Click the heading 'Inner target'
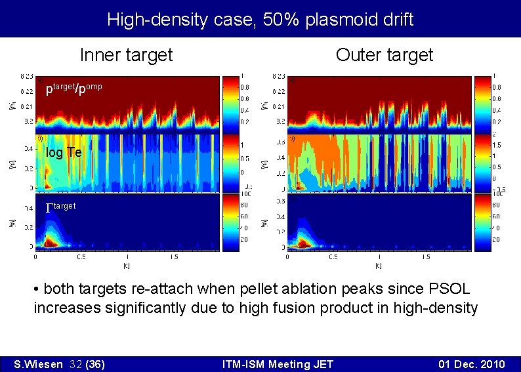[x=126, y=55]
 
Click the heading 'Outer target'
[x=384, y=55]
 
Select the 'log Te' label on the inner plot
[x=64, y=153]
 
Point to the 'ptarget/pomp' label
[x=73, y=89]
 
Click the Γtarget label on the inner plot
[x=61, y=207]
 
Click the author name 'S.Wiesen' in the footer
[x=39, y=364]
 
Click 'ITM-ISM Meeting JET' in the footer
[x=278, y=364]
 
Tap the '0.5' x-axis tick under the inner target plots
[x=81, y=258]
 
